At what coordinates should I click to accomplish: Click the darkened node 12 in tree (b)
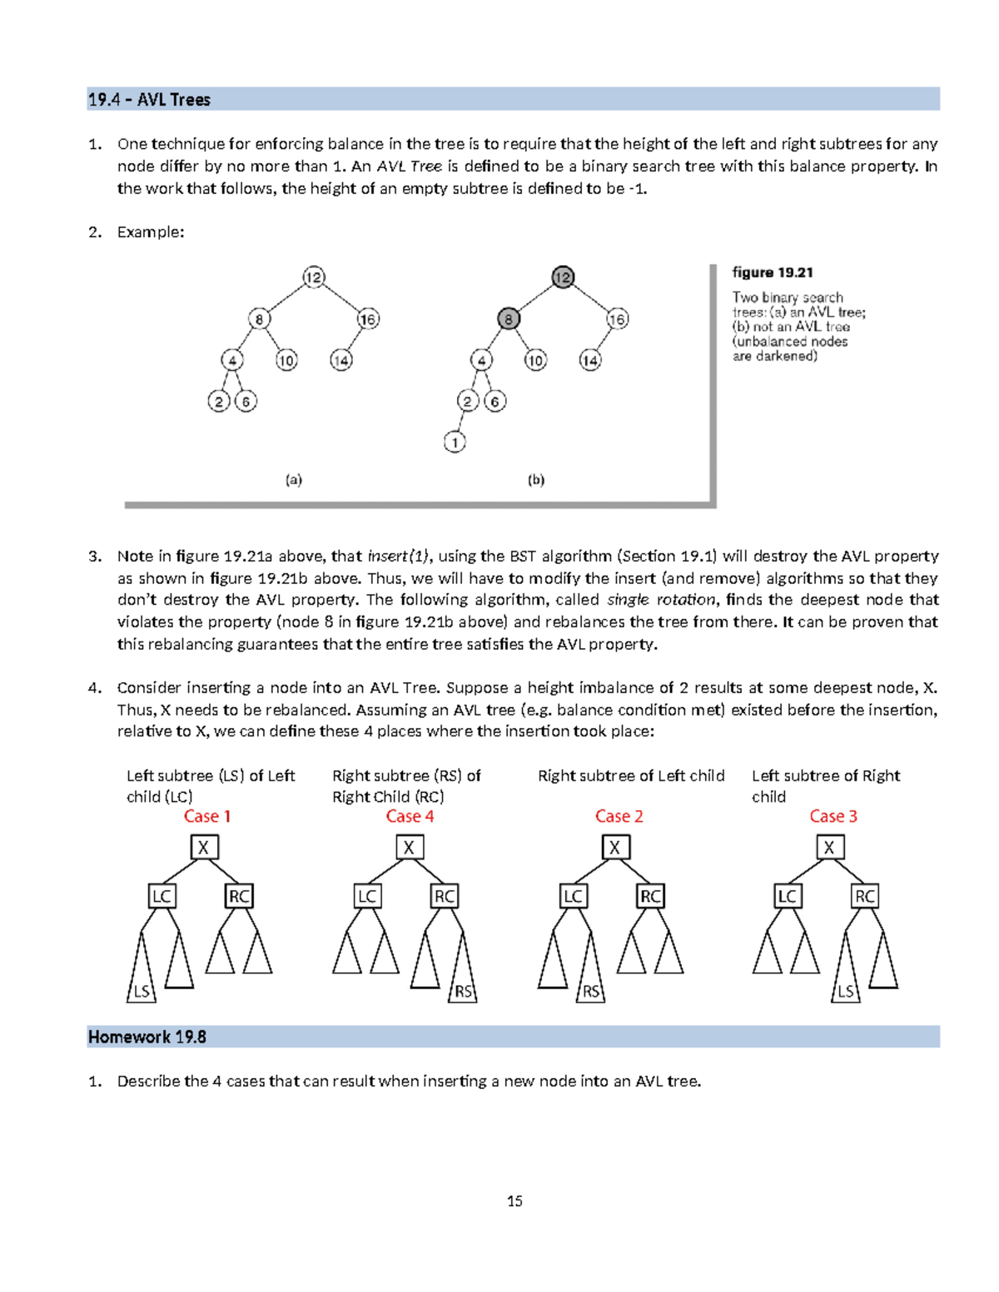click(x=564, y=277)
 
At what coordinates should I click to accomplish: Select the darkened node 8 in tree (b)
click(x=508, y=319)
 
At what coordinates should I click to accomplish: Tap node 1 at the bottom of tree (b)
click(x=455, y=442)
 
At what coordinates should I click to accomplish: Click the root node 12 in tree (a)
click(x=314, y=277)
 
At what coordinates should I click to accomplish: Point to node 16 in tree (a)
click(x=368, y=319)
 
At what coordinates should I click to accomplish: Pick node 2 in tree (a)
click(x=219, y=401)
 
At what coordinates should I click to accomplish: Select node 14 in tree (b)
click(x=590, y=360)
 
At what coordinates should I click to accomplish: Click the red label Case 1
click(x=206, y=816)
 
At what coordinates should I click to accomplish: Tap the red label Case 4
click(x=410, y=816)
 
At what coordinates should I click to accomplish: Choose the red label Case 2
click(x=619, y=816)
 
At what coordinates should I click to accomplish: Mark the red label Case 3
click(x=833, y=816)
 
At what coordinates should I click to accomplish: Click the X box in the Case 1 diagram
click(x=204, y=847)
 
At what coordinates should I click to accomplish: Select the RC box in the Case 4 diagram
click(x=445, y=896)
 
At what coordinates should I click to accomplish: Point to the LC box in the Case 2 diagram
click(x=573, y=896)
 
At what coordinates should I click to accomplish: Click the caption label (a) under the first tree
click(x=294, y=480)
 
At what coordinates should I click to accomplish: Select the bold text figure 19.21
click(x=772, y=273)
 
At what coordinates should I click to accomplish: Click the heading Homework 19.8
click(x=147, y=1037)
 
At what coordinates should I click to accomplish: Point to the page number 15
click(x=514, y=1200)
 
